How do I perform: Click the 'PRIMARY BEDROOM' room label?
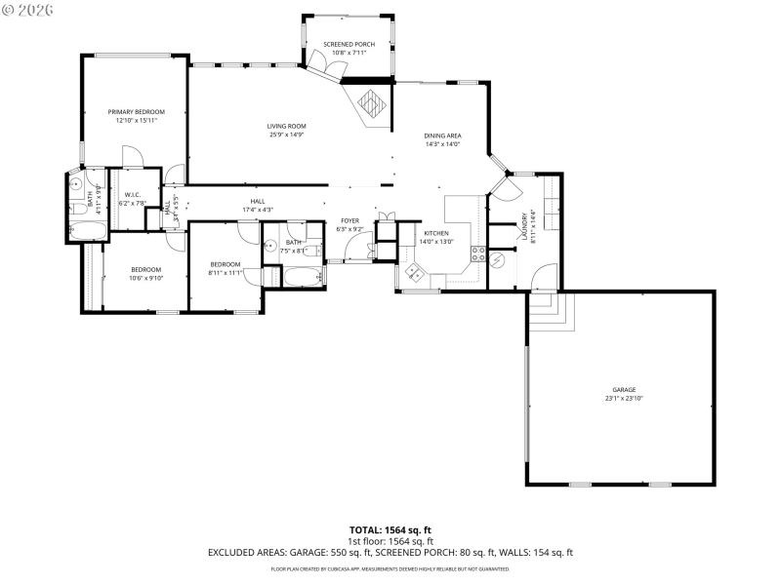(x=136, y=112)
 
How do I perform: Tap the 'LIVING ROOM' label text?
(x=287, y=126)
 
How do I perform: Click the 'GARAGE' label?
(x=623, y=388)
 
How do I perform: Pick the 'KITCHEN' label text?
(x=435, y=233)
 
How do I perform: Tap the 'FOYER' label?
(x=349, y=221)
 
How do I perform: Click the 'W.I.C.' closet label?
(x=132, y=195)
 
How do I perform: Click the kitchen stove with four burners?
(x=478, y=253)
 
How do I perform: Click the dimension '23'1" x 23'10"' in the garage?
(x=623, y=399)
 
